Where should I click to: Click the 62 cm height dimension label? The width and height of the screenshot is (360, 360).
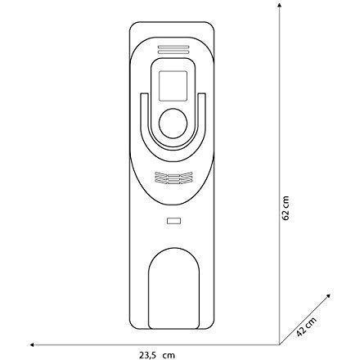[x=286, y=208]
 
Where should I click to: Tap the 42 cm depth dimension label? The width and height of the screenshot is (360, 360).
[x=306, y=326]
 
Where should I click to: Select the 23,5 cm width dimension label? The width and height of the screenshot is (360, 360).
[x=157, y=355]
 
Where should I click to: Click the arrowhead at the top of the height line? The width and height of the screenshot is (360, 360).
[x=280, y=5]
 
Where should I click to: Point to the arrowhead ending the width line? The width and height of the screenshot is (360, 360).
[x=32, y=344]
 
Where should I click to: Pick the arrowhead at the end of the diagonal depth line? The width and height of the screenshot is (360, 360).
[x=329, y=296]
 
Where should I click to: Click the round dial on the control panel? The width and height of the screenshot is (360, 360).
[x=173, y=123]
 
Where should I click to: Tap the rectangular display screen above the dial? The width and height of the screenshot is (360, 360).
[x=173, y=86]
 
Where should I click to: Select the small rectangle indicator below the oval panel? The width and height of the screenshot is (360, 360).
[x=174, y=221]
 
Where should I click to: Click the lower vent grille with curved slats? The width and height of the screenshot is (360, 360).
[x=173, y=178]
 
